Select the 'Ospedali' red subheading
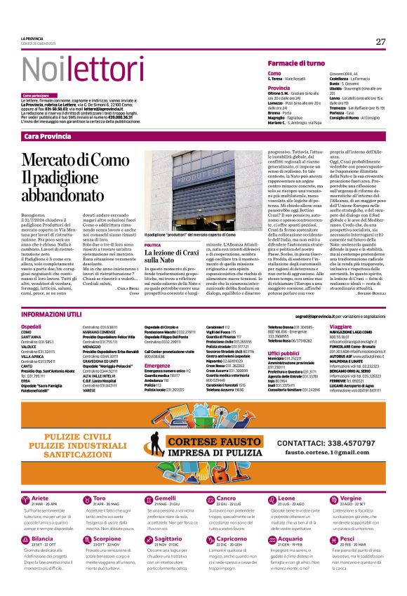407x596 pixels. (x=32, y=327)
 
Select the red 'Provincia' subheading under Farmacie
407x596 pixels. (x=279, y=88)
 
